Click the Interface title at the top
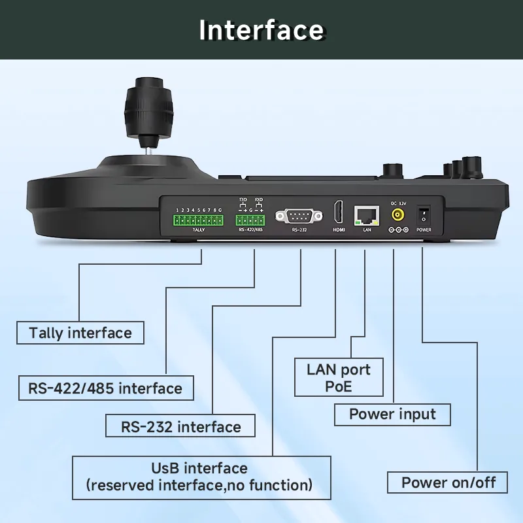[x=261, y=30]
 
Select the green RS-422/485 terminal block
[x=249, y=219]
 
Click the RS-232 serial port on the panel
[x=299, y=215]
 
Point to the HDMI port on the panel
[x=339, y=212]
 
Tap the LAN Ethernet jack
[x=365, y=214]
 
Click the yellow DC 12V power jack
[x=397, y=214]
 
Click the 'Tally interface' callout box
[x=80, y=333]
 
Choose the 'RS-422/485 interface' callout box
[x=105, y=388]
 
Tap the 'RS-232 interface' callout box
[x=180, y=427]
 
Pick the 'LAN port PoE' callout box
[x=338, y=378]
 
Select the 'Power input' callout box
[x=392, y=414]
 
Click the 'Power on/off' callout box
[x=448, y=483]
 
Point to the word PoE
[x=338, y=386]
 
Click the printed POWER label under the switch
[x=424, y=230]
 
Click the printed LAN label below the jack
[x=366, y=230]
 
